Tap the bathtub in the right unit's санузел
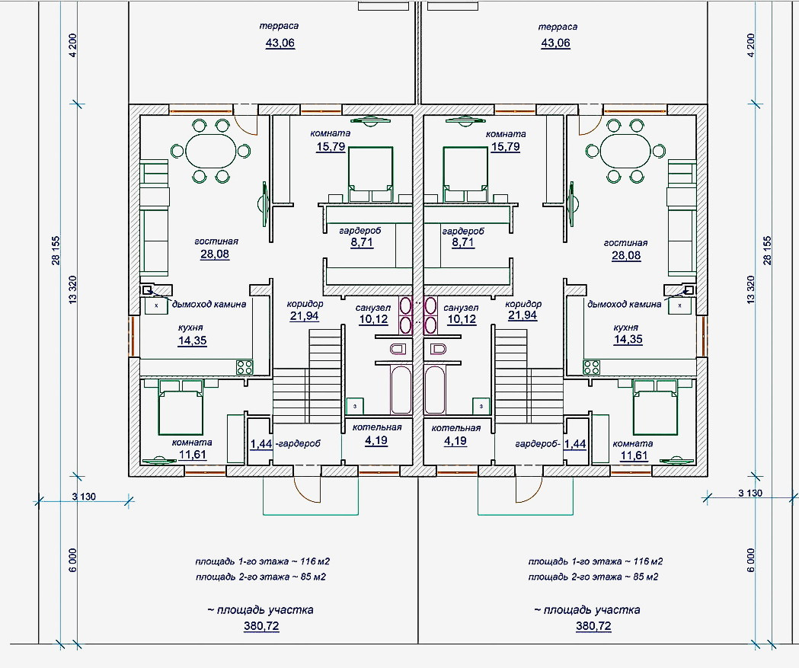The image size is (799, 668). (434, 389)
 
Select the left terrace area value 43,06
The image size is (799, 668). (280, 43)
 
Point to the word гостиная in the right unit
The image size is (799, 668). (626, 243)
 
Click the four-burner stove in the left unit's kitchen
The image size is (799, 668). (244, 367)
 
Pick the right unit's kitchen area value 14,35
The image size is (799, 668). (628, 340)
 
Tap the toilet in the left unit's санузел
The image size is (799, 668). (398, 349)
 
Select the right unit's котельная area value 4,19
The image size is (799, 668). (455, 440)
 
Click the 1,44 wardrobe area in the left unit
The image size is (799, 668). (261, 444)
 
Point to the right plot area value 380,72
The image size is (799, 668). (593, 625)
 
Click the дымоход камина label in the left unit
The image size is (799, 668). (209, 304)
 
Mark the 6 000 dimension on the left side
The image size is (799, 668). (72, 560)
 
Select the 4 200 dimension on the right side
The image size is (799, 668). (750, 46)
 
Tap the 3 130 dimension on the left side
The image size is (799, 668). (84, 497)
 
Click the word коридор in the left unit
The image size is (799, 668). (305, 304)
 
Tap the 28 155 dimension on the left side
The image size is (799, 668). (56, 250)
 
